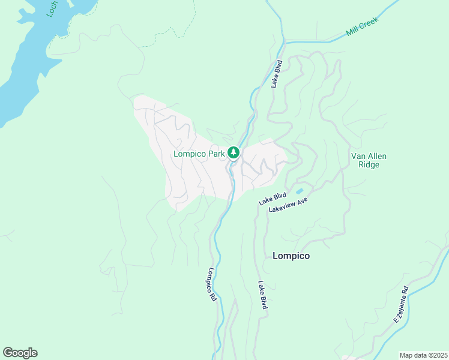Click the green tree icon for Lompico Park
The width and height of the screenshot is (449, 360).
[x=234, y=153]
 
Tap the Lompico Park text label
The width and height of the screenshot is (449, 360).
[x=199, y=154]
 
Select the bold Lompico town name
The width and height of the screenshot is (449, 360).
[x=291, y=256]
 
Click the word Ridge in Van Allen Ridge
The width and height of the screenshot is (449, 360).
[x=368, y=164]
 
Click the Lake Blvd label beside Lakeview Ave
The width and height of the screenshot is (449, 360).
[x=272, y=199]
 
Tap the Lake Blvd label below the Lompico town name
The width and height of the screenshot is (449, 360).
[x=262, y=295]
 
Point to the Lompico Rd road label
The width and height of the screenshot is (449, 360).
[x=212, y=284]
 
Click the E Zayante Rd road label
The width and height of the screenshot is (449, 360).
[x=400, y=305]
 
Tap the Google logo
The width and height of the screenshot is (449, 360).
[x=20, y=353]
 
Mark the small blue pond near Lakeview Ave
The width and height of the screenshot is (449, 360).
[x=299, y=192]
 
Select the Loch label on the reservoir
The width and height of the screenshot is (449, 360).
[x=53, y=9]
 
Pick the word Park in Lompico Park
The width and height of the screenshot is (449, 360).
[x=215, y=154]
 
